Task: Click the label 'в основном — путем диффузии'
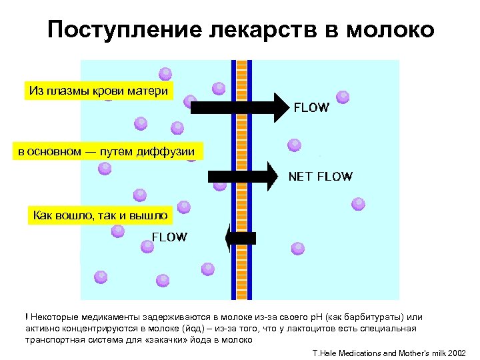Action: coord(107,153)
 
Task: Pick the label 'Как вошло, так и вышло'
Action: coord(101,215)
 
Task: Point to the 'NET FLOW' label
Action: coord(320,177)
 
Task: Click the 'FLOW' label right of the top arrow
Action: coord(311,108)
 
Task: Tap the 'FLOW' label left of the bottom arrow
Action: coord(170,237)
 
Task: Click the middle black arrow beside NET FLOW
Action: coord(243,177)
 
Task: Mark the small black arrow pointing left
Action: coord(240,237)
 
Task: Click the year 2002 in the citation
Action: coord(458,352)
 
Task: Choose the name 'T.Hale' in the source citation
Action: coord(325,352)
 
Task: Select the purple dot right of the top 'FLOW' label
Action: coord(343,97)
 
